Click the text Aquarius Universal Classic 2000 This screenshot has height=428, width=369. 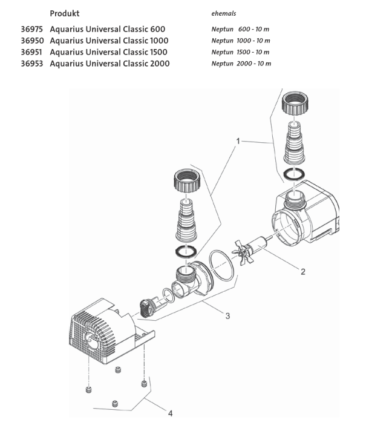(x=109, y=64)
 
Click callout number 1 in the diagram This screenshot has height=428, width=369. (x=238, y=141)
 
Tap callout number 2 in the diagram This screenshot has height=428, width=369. (x=302, y=271)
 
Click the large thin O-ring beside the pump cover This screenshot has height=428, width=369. (x=222, y=266)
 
